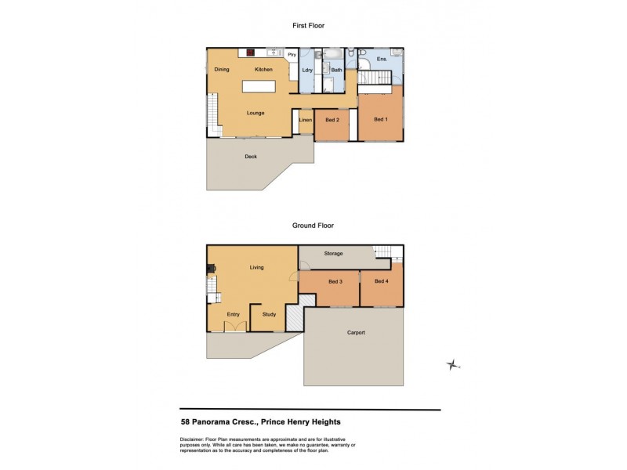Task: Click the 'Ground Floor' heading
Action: pyautogui.click(x=313, y=226)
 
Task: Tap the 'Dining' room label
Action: pyautogui.click(x=223, y=70)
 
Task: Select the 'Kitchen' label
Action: pyautogui.click(x=263, y=70)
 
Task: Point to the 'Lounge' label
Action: pyautogui.click(x=256, y=113)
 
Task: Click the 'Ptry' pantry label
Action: pyautogui.click(x=292, y=54)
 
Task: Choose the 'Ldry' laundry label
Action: pyautogui.click(x=307, y=70)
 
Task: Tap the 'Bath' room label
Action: pyautogui.click(x=336, y=70)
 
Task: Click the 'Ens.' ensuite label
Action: pyautogui.click(x=382, y=59)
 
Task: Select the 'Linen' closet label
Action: pyautogui.click(x=306, y=120)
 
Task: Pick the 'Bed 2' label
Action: pyautogui.click(x=332, y=120)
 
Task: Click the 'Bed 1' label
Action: pyautogui.click(x=380, y=119)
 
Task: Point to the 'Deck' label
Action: pyautogui.click(x=251, y=157)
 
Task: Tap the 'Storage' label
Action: pyautogui.click(x=334, y=254)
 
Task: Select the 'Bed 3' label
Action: pyautogui.click(x=335, y=281)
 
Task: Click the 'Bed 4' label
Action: pyautogui.click(x=382, y=281)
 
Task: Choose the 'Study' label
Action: pyautogui.click(x=269, y=315)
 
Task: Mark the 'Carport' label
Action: pyautogui.click(x=356, y=333)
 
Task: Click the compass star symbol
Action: pyautogui.click(x=452, y=364)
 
